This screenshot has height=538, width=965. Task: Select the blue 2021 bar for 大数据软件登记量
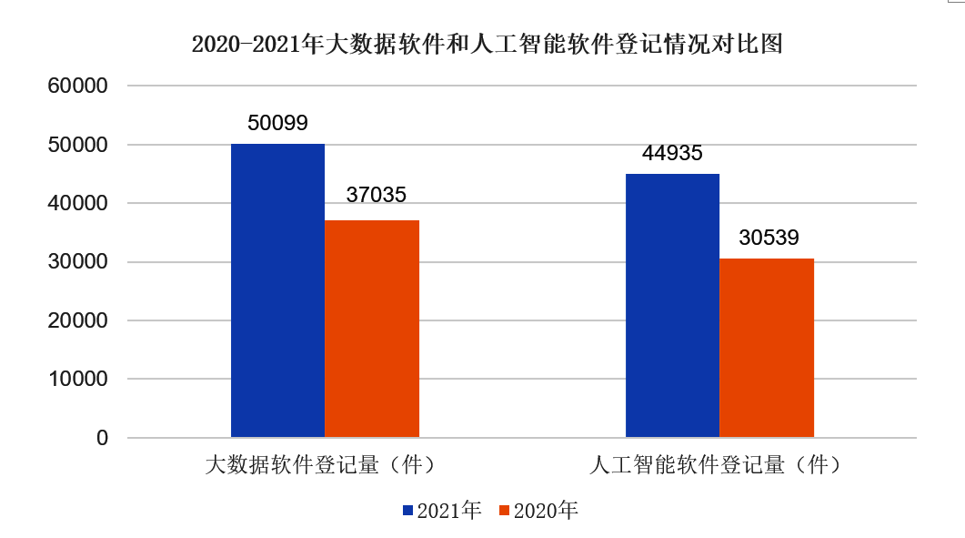click(277, 290)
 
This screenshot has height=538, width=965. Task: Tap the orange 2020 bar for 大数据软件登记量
click(372, 329)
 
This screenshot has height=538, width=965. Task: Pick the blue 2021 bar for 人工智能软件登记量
click(672, 306)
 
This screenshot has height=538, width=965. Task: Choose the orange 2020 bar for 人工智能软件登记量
click(767, 348)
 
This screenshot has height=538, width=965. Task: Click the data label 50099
click(277, 122)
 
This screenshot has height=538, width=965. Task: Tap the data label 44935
click(672, 153)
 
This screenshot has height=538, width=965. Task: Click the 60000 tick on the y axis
click(77, 86)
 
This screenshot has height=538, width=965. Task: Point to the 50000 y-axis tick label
click(77, 145)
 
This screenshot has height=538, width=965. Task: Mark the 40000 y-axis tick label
click(77, 204)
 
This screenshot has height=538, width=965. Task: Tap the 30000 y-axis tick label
click(77, 262)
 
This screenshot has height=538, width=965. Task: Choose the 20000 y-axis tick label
click(77, 320)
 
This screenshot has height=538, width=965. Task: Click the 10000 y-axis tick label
click(77, 379)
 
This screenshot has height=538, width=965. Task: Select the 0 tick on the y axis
click(102, 438)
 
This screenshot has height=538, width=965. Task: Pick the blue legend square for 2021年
click(408, 511)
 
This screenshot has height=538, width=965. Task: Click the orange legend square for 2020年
click(506, 511)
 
